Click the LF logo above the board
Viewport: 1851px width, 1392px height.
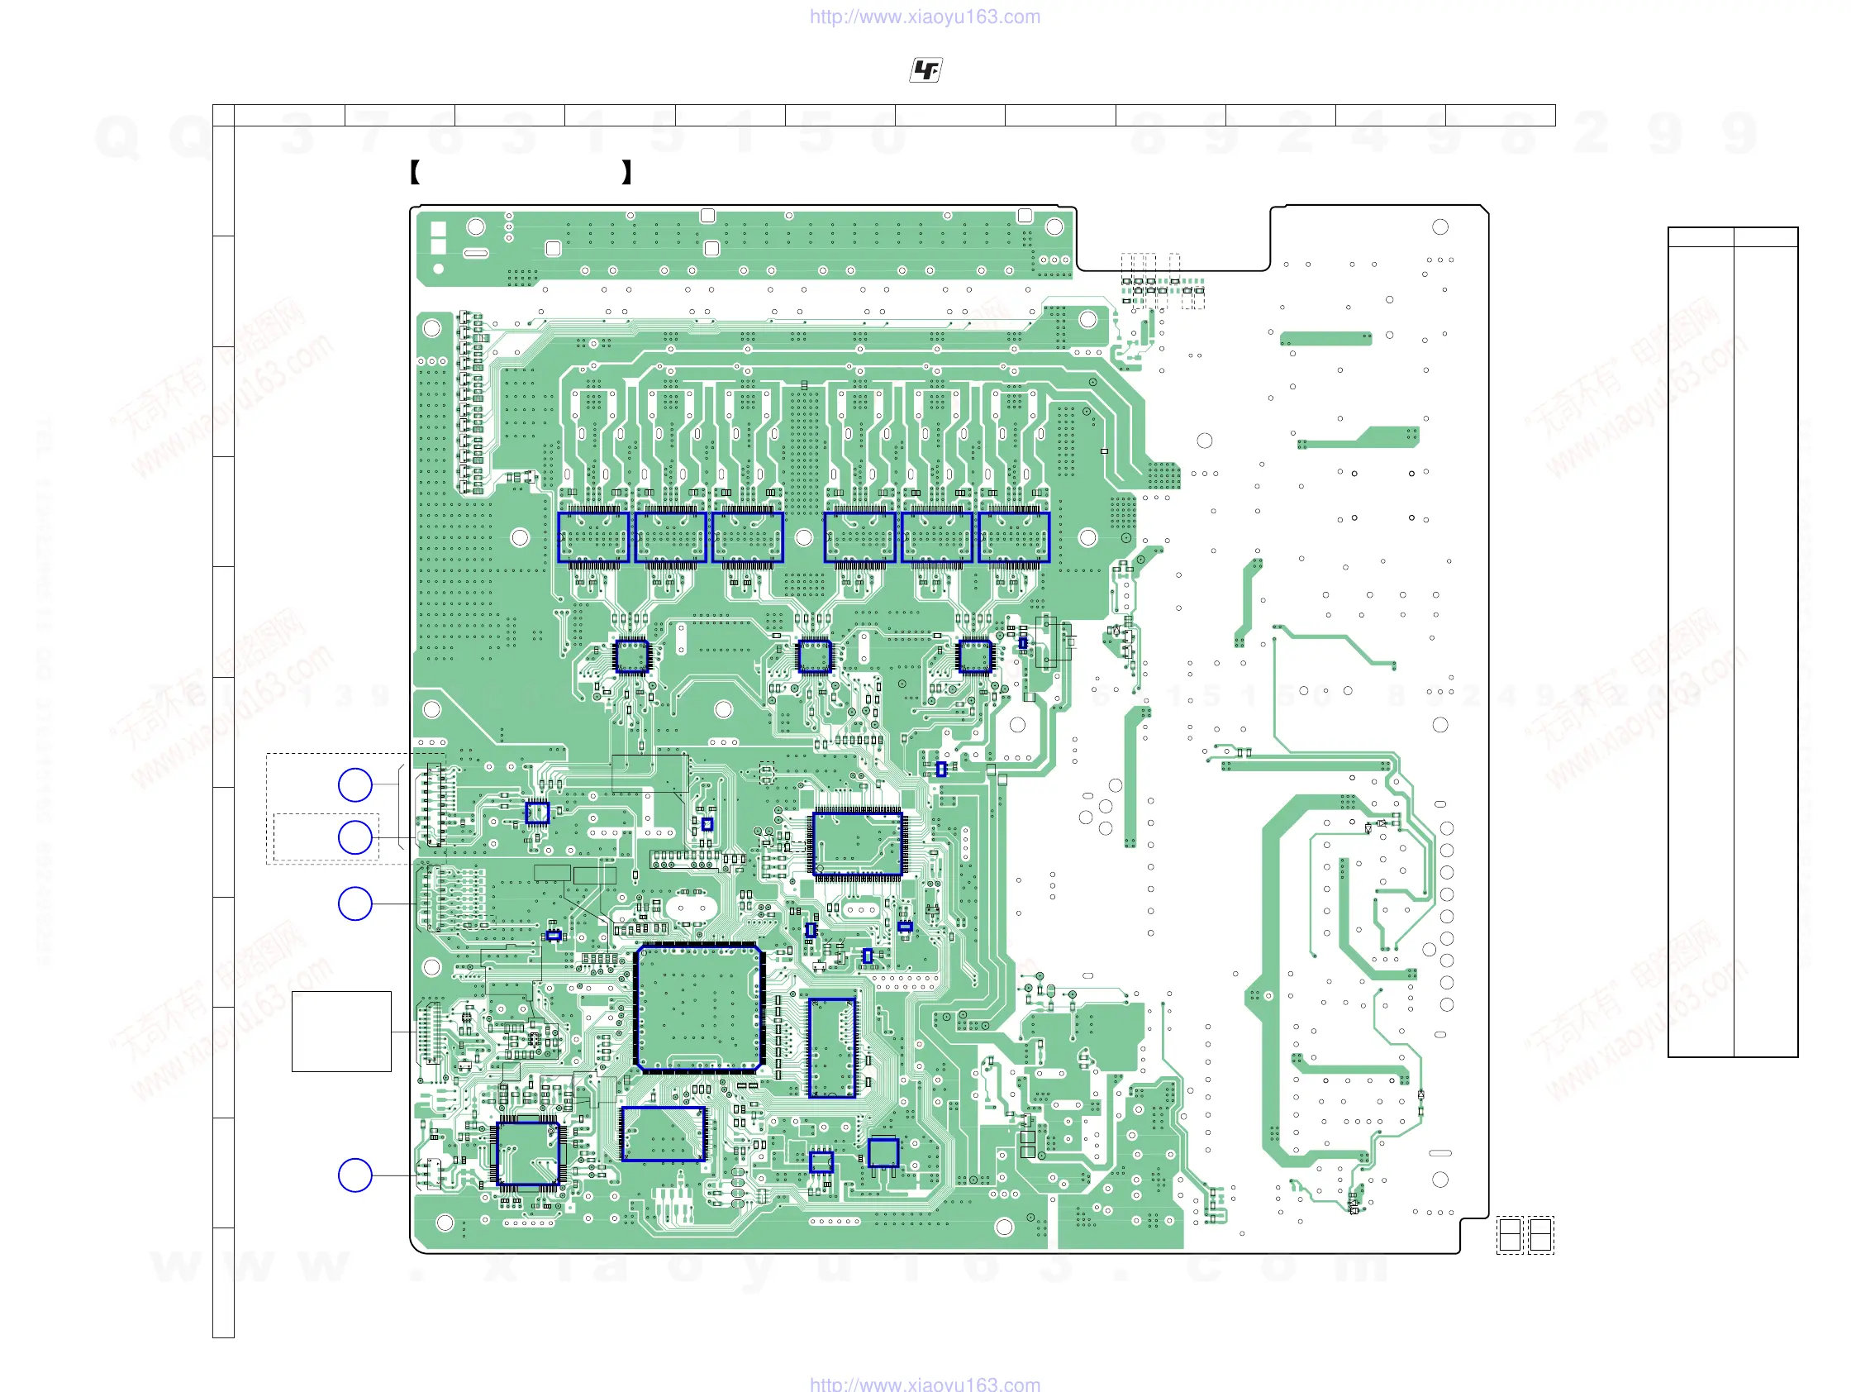(x=925, y=70)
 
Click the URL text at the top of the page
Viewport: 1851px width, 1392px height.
(x=925, y=17)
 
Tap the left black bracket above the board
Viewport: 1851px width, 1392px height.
(x=415, y=173)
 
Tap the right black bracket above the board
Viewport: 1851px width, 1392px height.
(x=626, y=173)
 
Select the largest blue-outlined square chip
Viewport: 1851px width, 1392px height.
(x=699, y=1008)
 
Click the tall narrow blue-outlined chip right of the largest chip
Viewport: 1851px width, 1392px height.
(x=832, y=1047)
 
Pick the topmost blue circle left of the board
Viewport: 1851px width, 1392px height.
(x=354, y=785)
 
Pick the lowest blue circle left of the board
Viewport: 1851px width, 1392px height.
(x=354, y=1175)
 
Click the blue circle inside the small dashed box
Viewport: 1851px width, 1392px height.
(x=354, y=837)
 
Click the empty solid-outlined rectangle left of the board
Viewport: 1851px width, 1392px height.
(x=341, y=1032)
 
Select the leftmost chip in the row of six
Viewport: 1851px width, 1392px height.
(x=593, y=536)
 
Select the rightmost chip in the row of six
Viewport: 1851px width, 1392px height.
(x=1013, y=536)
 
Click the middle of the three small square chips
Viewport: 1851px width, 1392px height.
(x=814, y=656)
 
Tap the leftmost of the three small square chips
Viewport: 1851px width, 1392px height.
(x=631, y=656)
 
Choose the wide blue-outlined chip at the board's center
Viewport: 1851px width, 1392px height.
(x=858, y=844)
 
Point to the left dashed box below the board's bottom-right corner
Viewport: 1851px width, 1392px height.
(x=1510, y=1235)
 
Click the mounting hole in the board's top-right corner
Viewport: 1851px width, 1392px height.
(x=1440, y=226)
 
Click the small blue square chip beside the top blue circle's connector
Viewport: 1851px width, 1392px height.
(x=537, y=812)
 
